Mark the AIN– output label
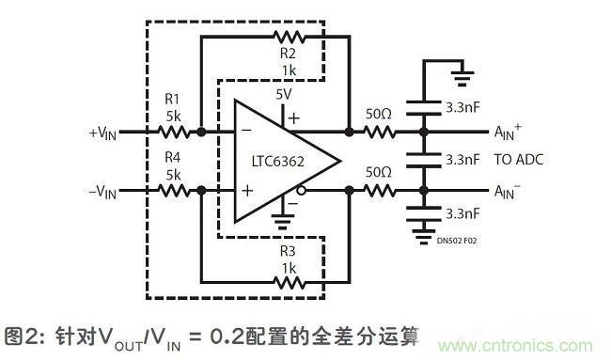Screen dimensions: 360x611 tap(509, 193)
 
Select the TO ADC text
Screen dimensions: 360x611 tap(518, 160)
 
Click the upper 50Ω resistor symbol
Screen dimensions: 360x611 tap(381, 133)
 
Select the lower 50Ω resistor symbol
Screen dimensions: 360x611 tap(381, 190)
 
